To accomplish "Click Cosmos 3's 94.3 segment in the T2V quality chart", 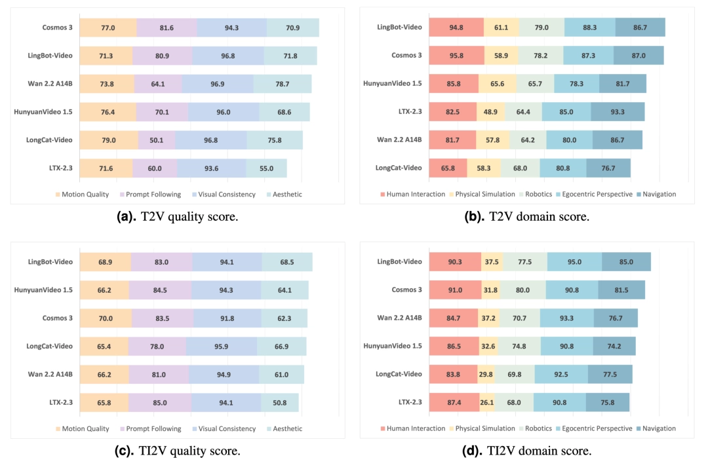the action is pyautogui.click(x=231, y=28).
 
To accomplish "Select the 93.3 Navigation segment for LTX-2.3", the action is pyautogui.click(x=618, y=111).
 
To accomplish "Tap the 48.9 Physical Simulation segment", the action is pyautogui.click(x=491, y=111).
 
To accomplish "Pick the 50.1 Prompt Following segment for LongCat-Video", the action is pyautogui.click(x=157, y=140).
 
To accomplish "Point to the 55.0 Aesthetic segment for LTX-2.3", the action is pyautogui.click(x=266, y=168).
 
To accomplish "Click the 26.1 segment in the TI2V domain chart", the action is pyautogui.click(x=486, y=402).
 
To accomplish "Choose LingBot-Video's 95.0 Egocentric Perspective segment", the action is pyautogui.click(x=574, y=262).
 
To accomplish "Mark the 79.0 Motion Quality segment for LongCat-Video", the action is pyautogui.click(x=109, y=140).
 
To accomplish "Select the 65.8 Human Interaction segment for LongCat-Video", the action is pyautogui.click(x=448, y=168).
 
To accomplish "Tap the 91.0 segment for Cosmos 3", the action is pyautogui.click(x=455, y=290).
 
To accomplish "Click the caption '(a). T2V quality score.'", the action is pyautogui.click(x=178, y=217).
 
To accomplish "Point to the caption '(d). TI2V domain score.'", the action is pyautogui.click(x=526, y=451).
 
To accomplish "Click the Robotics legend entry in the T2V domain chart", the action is pyautogui.click(x=536, y=194).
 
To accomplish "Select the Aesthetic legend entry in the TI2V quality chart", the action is pyautogui.click(x=285, y=428).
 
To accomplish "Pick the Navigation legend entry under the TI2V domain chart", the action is pyautogui.click(x=656, y=428).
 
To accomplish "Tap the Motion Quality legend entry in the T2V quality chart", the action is pyautogui.click(x=82, y=194).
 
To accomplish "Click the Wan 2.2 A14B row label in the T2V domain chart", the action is pyautogui.click(x=399, y=140).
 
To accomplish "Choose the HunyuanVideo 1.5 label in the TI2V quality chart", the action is pyautogui.click(x=43, y=290).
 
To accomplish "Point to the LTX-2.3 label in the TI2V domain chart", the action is pyautogui.click(x=410, y=402).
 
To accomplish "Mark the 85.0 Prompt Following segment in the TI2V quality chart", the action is pyautogui.click(x=160, y=402).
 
